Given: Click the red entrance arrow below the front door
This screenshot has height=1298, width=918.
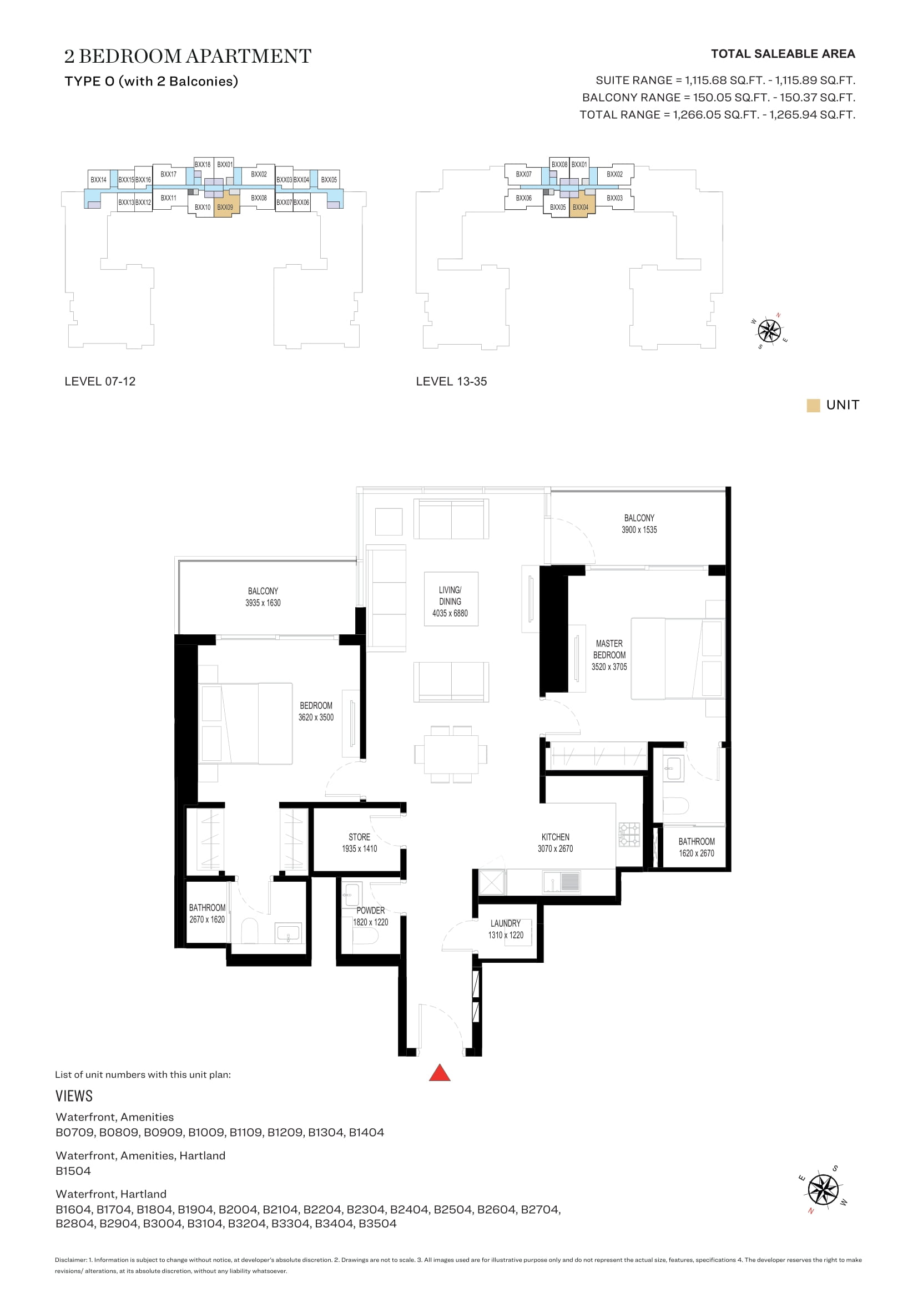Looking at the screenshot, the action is click(x=439, y=1074).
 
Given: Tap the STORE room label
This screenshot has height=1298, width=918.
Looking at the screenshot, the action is click(x=360, y=837).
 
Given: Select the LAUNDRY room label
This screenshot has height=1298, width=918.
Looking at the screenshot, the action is click(x=506, y=923).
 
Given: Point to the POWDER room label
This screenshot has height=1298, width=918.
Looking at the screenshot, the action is click(x=371, y=910).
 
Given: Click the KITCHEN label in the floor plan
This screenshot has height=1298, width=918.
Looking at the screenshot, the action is click(x=556, y=837).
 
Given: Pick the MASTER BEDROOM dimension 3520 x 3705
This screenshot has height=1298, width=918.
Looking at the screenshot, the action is click(x=609, y=667).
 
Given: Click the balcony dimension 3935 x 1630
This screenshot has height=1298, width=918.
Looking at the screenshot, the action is click(x=263, y=603).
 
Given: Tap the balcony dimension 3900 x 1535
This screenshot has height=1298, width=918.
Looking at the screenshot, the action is click(x=639, y=530).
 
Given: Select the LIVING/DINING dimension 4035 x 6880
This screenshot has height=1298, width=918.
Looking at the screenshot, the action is click(x=450, y=613).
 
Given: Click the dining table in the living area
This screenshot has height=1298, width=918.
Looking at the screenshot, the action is click(x=451, y=754).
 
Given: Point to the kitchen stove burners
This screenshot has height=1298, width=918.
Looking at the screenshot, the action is click(x=629, y=835).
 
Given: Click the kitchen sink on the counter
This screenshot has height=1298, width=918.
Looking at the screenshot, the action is click(x=561, y=882).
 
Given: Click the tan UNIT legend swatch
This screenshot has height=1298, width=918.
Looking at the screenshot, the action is click(x=813, y=405).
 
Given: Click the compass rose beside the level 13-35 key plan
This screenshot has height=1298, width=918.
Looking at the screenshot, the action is click(x=769, y=331).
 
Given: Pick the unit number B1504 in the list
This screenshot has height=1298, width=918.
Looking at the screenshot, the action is click(x=73, y=1171).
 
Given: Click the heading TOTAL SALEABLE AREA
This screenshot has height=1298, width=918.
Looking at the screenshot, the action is click(x=783, y=54).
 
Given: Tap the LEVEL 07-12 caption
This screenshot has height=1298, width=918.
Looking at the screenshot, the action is click(x=100, y=382).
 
